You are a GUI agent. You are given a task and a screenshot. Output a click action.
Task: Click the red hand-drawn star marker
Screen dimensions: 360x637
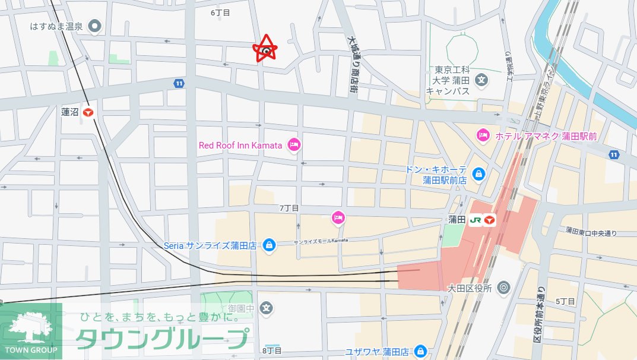266,49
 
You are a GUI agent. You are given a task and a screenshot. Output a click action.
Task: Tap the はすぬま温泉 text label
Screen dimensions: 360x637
56,27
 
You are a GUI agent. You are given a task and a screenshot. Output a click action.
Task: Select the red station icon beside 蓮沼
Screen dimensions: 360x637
89,112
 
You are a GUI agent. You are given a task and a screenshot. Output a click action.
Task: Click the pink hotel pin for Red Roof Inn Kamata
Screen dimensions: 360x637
293,144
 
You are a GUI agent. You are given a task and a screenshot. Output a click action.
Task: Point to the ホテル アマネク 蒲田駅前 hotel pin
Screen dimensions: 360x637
483,136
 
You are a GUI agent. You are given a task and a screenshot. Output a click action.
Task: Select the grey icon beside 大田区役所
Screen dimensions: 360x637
504,288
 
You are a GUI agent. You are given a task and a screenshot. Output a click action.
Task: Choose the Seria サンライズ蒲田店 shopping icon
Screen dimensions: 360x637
269,244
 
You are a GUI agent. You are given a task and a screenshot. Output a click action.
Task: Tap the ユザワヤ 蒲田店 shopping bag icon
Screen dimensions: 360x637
421,350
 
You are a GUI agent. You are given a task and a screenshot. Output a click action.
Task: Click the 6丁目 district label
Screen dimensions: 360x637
220,12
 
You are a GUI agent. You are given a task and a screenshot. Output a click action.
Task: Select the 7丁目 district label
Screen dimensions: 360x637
289,208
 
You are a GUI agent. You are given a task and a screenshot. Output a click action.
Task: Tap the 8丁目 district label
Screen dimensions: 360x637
272,350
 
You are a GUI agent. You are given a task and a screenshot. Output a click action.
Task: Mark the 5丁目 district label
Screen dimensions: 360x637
566,302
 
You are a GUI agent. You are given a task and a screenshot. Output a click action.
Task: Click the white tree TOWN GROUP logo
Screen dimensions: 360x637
31,331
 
